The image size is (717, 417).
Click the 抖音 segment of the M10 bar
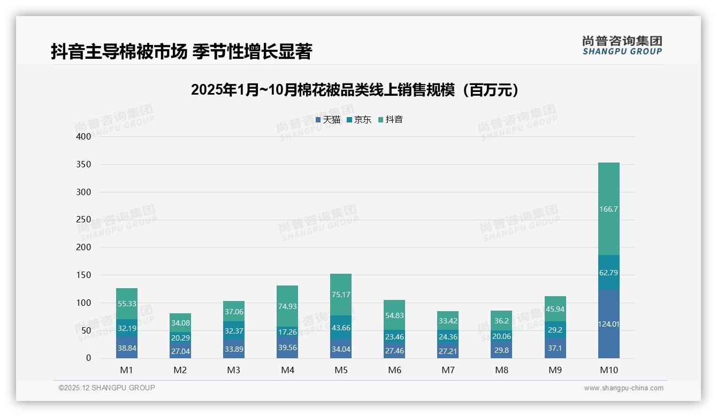[x=608, y=209]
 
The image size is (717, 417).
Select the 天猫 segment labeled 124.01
[x=608, y=324]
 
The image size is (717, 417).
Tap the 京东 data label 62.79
[x=608, y=273]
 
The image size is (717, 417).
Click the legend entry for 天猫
[x=327, y=120]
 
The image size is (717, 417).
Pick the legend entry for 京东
[x=358, y=120]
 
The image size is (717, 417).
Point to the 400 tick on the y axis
[x=84, y=136]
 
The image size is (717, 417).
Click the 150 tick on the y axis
[x=84, y=275]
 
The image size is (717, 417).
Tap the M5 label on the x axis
[x=341, y=370]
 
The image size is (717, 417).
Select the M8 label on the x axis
[x=501, y=370]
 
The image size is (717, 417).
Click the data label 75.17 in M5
[x=341, y=295]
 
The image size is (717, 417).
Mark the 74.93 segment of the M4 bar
[x=287, y=306]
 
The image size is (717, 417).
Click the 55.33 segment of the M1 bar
[x=127, y=303]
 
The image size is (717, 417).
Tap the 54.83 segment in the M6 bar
[x=394, y=315]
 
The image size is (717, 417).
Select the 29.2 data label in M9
[x=555, y=331]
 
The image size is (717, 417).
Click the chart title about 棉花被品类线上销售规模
[x=355, y=90]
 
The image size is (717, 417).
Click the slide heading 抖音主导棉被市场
[x=181, y=52]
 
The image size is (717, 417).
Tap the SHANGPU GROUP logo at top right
[x=622, y=45]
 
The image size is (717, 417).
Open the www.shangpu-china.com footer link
[x=623, y=388]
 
